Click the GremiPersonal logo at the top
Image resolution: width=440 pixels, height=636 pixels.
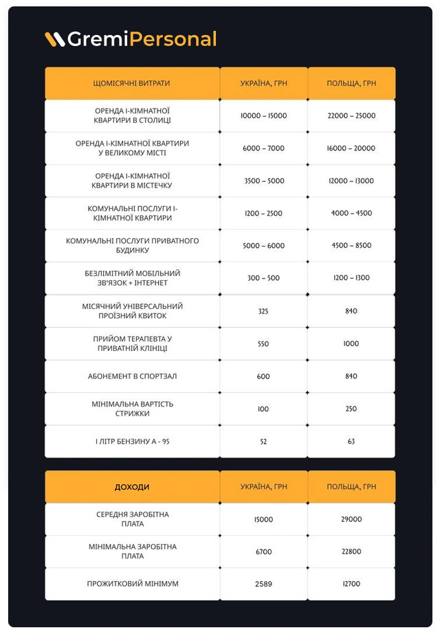point(131,39)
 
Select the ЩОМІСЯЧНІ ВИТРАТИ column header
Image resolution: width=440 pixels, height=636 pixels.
point(131,83)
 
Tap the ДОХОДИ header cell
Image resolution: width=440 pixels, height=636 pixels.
point(131,487)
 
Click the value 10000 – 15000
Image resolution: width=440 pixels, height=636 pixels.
point(263,116)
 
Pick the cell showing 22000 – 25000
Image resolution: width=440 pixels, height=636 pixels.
point(351,116)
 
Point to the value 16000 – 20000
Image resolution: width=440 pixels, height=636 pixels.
point(351,148)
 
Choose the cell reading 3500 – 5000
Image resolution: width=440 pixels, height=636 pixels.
point(263,181)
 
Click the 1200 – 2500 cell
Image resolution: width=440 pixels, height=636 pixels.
point(263,214)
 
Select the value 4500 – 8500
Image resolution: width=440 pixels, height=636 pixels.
point(351,246)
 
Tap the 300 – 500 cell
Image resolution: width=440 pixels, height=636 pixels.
point(263,278)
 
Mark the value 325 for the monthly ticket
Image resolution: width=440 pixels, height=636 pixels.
point(263,311)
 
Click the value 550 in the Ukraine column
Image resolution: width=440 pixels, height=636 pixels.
point(263,343)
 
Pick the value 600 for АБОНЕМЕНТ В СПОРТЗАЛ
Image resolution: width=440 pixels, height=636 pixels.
point(263,376)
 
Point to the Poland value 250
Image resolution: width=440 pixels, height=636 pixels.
point(351,409)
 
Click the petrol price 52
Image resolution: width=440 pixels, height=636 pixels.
point(263,442)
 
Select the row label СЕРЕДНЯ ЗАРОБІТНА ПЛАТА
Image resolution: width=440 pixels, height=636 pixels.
point(132,519)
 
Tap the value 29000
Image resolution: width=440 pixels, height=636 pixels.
point(351,519)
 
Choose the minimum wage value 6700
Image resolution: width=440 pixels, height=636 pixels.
point(263,552)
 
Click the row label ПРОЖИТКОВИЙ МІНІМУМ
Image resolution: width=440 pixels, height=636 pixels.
point(132,584)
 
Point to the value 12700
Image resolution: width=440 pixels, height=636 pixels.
point(351,584)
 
